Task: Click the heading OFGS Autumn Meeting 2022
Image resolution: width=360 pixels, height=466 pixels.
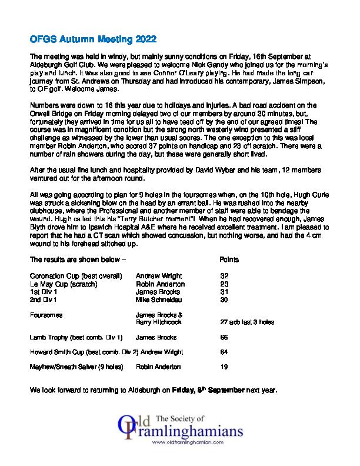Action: click(x=93, y=40)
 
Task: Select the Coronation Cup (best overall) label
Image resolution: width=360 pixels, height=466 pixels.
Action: click(x=76, y=275)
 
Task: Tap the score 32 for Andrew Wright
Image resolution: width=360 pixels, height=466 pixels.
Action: click(x=224, y=275)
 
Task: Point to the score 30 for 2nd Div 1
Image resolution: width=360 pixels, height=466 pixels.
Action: click(x=224, y=299)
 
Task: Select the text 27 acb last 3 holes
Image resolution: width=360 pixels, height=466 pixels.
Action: click(x=246, y=322)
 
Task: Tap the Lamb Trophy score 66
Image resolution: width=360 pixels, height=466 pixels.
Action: click(x=224, y=338)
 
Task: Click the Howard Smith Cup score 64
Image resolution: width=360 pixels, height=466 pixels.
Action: click(x=224, y=352)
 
